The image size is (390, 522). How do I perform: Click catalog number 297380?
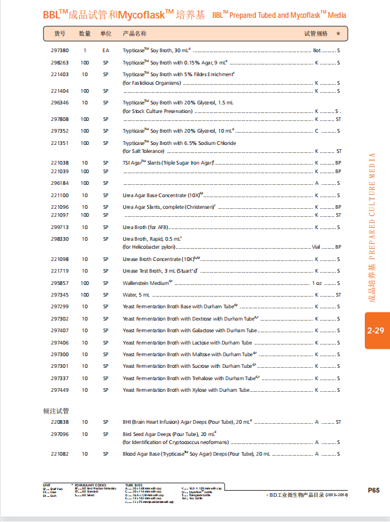click(x=60, y=50)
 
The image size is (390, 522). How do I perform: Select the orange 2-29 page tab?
click(x=376, y=330)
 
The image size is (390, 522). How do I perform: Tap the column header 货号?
click(x=60, y=33)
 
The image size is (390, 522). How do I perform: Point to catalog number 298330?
click(x=60, y=239)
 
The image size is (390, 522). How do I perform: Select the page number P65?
click(x=373, y=489)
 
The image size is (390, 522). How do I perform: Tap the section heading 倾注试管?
click(x=56, y=410)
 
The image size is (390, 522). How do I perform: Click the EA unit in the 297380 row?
click(x=106, y=50)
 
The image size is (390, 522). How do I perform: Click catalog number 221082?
click(x=60, y=454)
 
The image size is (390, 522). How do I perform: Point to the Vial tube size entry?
click(x=316, y=247)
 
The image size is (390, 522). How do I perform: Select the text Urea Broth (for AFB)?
click(x=146, y=227)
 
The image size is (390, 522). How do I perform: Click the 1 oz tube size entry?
click(x=317, y=283)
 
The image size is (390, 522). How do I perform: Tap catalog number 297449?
click(x=60, y=390)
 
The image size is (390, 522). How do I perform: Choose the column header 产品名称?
click(x=135, y=33)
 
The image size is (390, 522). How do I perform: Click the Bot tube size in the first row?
click(x=317, y=50)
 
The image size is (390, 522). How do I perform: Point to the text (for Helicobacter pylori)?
click(x=149, y=247)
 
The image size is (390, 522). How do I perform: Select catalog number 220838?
click(x=60, y=422)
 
